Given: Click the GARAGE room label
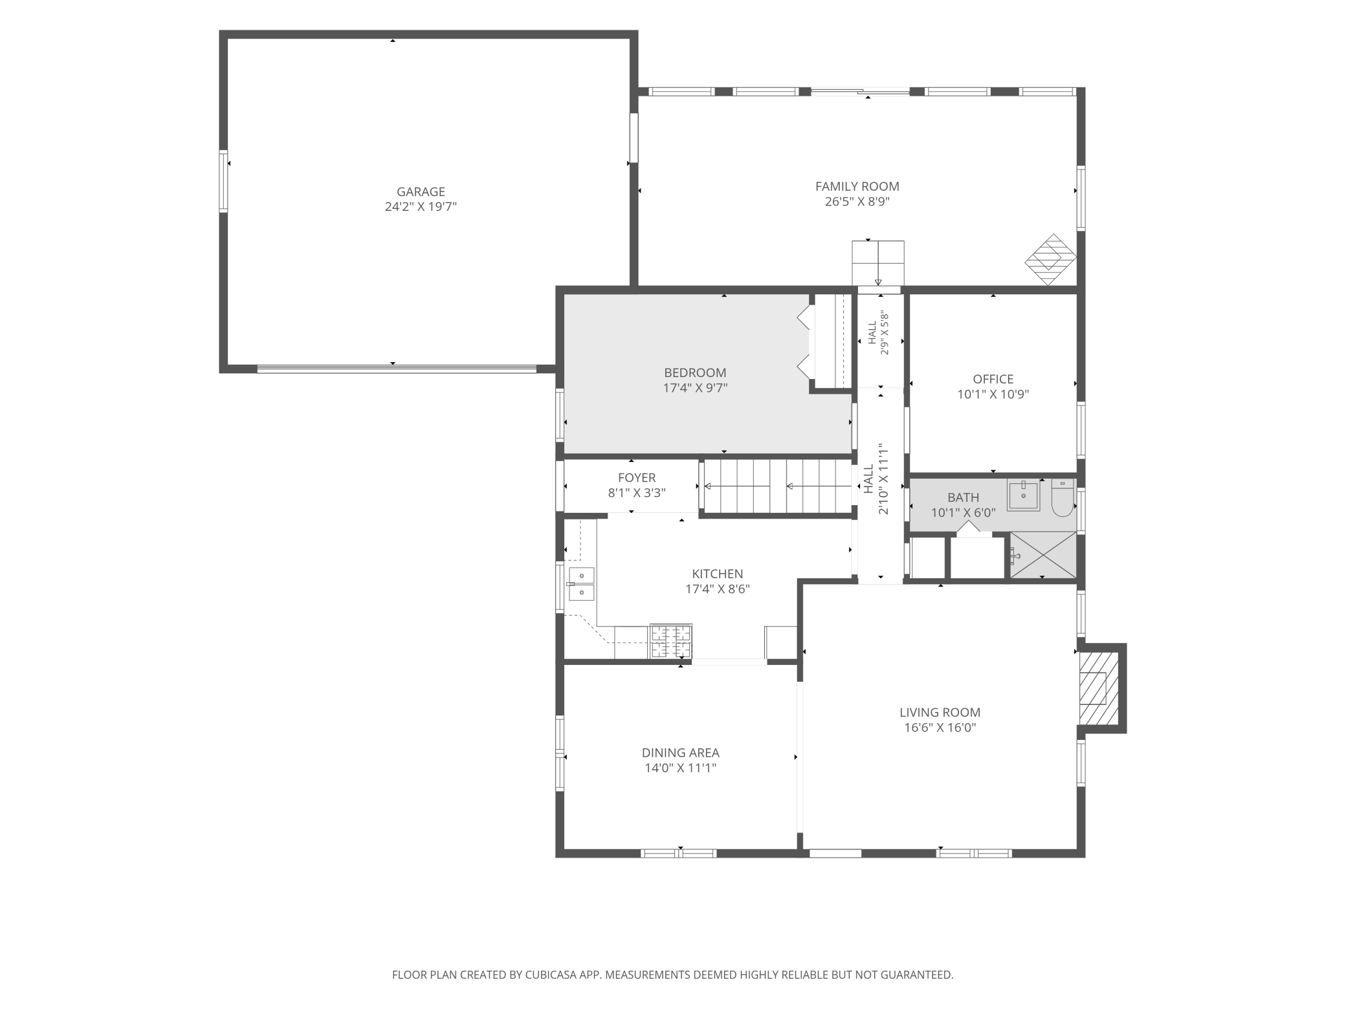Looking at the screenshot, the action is [421, 191].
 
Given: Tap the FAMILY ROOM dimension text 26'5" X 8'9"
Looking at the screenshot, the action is [857, 201].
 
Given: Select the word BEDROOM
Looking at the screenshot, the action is [695, 373].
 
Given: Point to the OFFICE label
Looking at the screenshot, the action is [993, 379].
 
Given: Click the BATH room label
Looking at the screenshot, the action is [963, 497].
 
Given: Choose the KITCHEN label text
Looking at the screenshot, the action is [718, 574].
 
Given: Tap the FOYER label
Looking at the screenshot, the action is [637, 477].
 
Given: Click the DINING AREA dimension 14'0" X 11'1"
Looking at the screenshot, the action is [681, 768].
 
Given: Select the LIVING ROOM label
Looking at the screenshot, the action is [940, 712].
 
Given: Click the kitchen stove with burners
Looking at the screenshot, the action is [670, 641].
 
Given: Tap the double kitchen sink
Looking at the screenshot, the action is [581, 583].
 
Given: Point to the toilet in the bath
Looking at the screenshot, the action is [1062, 498].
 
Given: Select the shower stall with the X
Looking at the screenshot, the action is [1043, 555].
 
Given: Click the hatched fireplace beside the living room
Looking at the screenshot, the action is [1098, 688].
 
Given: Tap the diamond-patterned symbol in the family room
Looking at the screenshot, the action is [1050, 259].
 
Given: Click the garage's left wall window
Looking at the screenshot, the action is [223, 181].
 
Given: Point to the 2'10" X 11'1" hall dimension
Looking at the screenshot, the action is [883, 479].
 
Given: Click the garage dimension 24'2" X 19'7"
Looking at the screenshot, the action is [421, 207].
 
